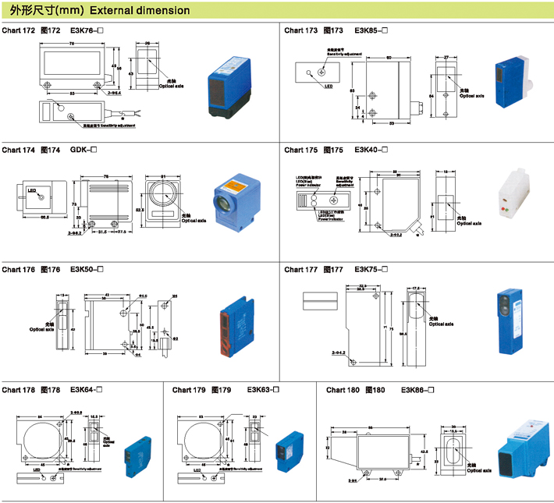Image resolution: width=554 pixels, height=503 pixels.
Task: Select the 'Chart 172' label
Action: point(19,31)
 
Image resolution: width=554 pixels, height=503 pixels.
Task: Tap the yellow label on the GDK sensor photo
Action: point(234,186)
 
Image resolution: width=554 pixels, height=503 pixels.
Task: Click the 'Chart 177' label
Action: point(301,269)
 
